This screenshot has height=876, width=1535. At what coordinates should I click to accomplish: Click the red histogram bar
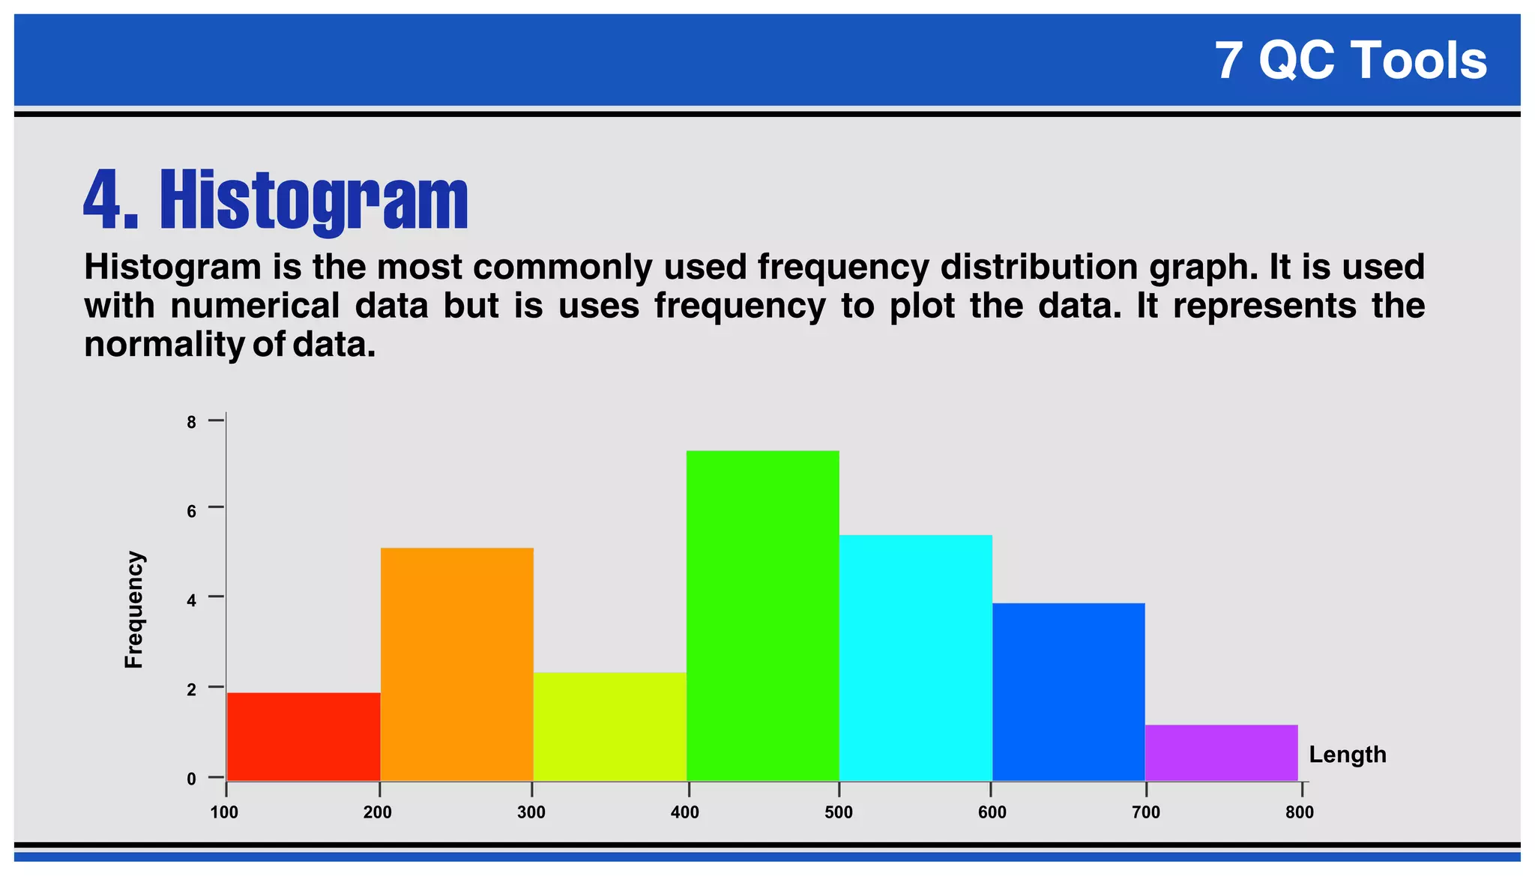pyautogui.click(x=304, y=736)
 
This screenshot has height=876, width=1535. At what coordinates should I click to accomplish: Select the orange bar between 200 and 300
pyautogui.click(x=457, y=664)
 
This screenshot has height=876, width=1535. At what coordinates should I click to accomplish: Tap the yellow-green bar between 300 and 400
pyautogui.click(x=610, y=726)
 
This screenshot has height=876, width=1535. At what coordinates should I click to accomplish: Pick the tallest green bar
pyautogui.click(x=763, y=615)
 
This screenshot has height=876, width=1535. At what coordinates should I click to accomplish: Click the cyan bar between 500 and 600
pyautogui.click(x=916, y=657)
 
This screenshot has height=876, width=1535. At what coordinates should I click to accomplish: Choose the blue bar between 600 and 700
pyautogui.click(x=1069, y=692)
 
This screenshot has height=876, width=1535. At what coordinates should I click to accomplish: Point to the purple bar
pyautogui.click(x=1222, y=752)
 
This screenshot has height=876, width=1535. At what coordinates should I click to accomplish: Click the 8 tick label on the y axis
pyautogui.click(x=192, y=423)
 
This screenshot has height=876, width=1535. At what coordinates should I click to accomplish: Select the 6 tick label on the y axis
pyautogui.click(x=192, y=512)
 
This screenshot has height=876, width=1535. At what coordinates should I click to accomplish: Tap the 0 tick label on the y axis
pyautogui.click(x=192, y=779)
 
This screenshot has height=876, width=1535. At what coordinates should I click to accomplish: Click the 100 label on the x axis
pyautogui.click(x=224, y=813)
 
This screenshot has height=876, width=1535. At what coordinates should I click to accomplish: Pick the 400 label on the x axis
pyautogui.click(x=685, y=813)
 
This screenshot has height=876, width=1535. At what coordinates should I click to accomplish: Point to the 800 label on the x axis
pyautogui.click(x=1300, y=813)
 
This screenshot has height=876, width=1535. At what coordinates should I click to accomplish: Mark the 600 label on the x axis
pyautogui.click(x=992, y=813)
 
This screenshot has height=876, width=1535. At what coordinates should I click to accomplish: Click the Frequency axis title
pyautogui.click(x=133, y=609)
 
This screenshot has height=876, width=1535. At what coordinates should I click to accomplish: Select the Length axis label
pyautogui.click(x=1348, y=755)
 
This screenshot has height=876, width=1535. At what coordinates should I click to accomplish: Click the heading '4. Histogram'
pyautogui.click(x=276, y=199)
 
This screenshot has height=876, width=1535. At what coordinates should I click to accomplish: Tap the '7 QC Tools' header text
pyautogui.click(x=1351, y=60)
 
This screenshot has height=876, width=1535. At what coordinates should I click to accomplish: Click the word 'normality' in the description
pyautogui.click(x=164, y=345)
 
